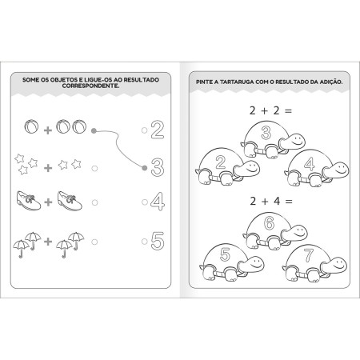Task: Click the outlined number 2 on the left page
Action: (x=158, y=130)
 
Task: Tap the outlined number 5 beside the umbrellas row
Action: (x=158, y=241)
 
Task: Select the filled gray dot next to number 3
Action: (x=145, y=168)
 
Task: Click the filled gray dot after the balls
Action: (x=94, y=130)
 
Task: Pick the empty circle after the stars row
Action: (x=94, y=169)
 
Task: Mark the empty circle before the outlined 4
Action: (x=145, y=202)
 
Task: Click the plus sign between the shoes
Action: (x=48, y=202)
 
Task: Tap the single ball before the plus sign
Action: (x=31, y=126)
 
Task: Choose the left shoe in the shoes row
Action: (x=29, y=201)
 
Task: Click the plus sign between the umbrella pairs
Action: (x=48, y=242)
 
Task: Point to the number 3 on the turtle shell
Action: (x=266, y=133)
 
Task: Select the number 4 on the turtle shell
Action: (x=310, y=164)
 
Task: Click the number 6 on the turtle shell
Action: (x=270, y=223)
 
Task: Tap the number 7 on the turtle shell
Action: (x=309, y=255)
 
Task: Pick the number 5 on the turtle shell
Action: (x=226, y=254)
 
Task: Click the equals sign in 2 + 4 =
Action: (x=289, y=202)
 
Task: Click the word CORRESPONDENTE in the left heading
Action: (x=90, y=86)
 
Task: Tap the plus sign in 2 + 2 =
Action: (x=264, y=110)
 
